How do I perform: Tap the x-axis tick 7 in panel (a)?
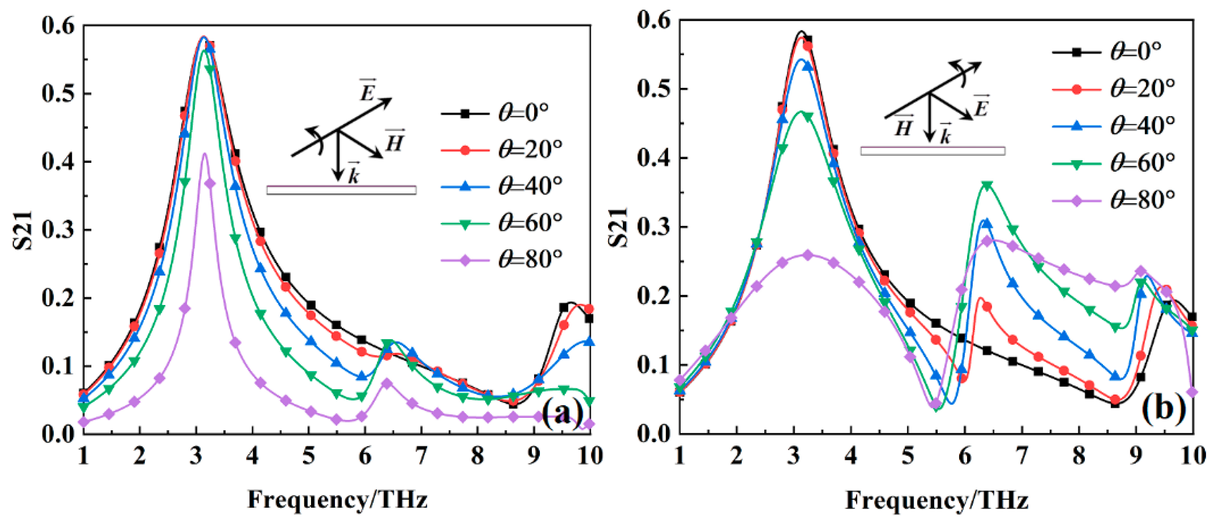pyautogui.click(x=421, y=456)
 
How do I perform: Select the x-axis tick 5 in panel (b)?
pyautogui.click(x=907, y=456)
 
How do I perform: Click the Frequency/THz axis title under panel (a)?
pyautogui.click(x=337, y=499)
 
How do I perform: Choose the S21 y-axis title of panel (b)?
pyautogui.click(x=618, y=227)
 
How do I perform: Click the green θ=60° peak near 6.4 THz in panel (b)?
pyautogui.click(x=987, y=185)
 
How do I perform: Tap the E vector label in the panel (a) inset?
pyautogui.click(x=367, y=91)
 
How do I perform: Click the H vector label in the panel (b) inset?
pyautogui.click(x=904, y=127)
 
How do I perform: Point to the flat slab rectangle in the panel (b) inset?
pyautogui.click(x=933, y=151)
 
